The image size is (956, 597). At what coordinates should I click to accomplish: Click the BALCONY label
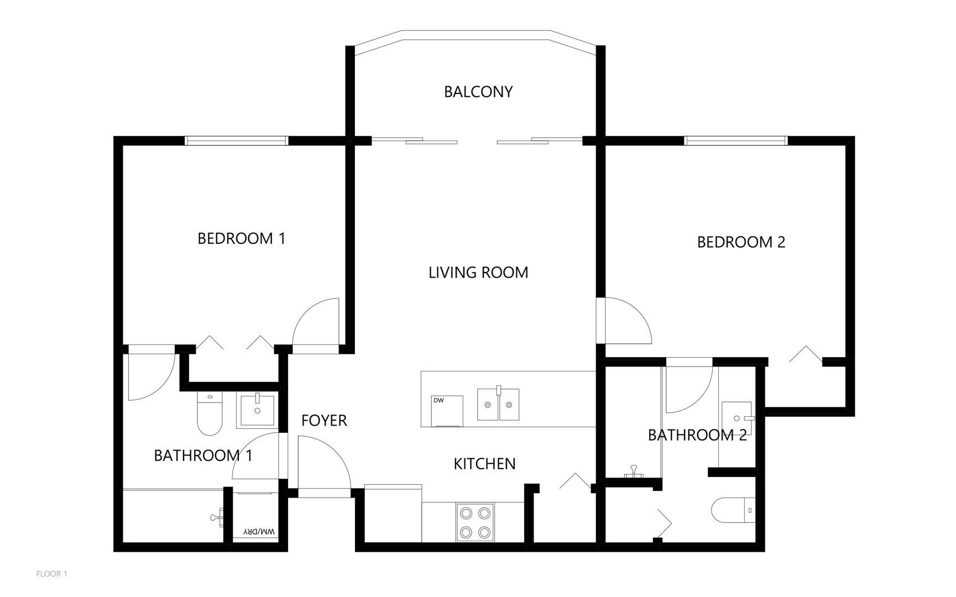[478, 92]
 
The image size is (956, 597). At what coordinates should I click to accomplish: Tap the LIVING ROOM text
[478, 273]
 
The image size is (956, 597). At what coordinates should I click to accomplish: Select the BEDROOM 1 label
[242, 239]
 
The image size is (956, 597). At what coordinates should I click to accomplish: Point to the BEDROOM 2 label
[741, 242]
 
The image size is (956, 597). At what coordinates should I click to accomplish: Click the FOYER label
[324, 421]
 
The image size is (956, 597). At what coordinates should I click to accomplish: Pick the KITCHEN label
[484, 464]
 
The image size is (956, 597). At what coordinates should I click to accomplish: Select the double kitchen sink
[498, 404]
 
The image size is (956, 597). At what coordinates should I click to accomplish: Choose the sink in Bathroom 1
[257, 410]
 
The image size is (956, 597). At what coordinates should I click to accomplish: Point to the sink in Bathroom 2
[737, 418]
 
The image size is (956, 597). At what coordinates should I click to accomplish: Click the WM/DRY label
[259, 532]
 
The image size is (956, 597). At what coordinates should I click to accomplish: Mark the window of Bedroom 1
[236, 141]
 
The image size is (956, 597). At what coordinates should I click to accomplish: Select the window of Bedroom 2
[736, 141]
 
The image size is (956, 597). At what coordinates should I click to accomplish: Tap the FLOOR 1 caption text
[52, 574]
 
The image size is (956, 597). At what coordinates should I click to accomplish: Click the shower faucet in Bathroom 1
[217, 517]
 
